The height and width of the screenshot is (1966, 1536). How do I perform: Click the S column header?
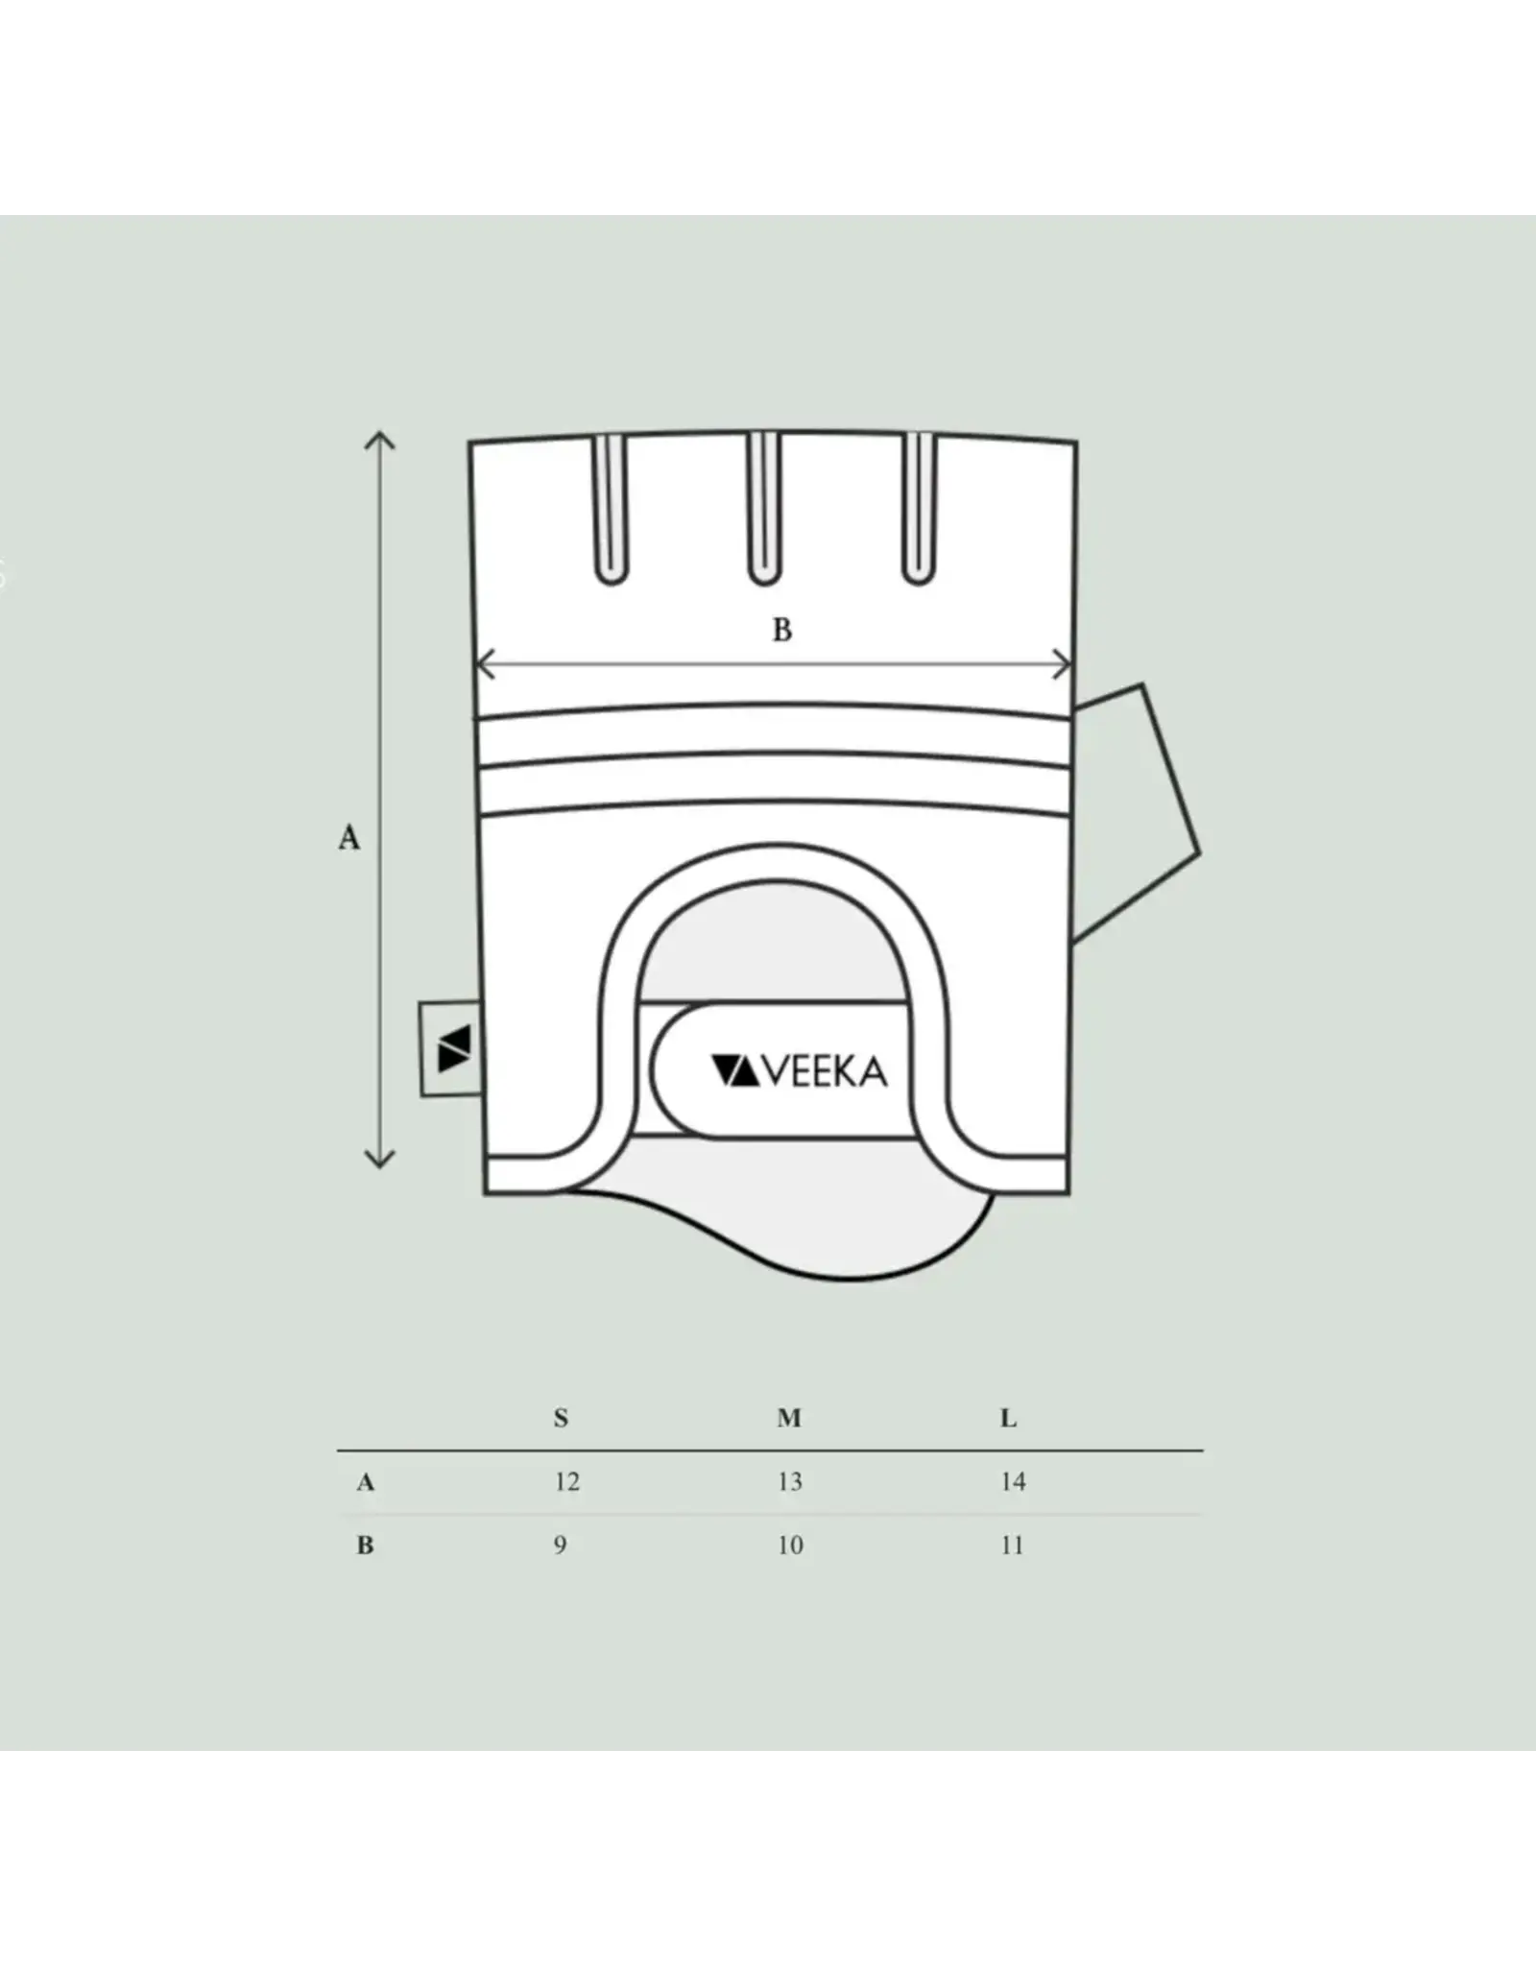pyautogui.click(x=561, y=1418)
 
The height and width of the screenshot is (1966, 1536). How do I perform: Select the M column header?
pyautogui.click(x=789, y=1418)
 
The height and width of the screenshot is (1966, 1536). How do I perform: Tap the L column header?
pyautogui.click(x=1008, y=1418)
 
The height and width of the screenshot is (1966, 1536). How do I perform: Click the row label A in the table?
pyautogui.click(x=365, y=1482)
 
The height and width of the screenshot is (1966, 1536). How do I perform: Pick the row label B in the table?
pyautogui.click(x=365, y=1546)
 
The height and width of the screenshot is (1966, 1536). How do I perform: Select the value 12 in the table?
pyautogui.click(x=566, y=1482)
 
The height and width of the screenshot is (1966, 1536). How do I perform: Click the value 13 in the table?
pyautogui.click(x=789, y=1482)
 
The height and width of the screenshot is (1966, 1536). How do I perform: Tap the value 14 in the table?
pyautogui.click(x=1013, y=1482)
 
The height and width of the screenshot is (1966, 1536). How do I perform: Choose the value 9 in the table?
pyautogui.click(x=560, y=1546)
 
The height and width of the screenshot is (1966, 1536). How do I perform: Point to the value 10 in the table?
pyautogui.click(x=790, y=1546)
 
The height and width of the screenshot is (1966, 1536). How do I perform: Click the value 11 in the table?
pyautogui.click(x=1012, y=1546)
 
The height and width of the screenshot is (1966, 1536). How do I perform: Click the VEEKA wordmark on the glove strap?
pyautogui.click(x=800, y=1071)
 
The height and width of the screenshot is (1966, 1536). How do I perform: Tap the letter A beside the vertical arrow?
pyautogui.click(x=349, y=838)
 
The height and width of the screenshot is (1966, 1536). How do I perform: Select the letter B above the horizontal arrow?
pyautogui.click(x=782, y=631)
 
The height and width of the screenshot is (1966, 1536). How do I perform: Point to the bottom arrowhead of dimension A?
pyautogui.click(x=380, y=1159)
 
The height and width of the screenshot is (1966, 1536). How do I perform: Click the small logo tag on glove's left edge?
pyautogui.click(x=450, y=1048)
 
